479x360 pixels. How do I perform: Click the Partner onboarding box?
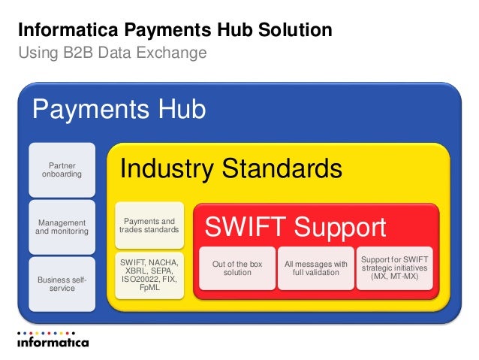coord(62,170)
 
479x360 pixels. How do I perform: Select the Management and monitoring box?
coord(62,227)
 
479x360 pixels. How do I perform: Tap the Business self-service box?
coord(62,284)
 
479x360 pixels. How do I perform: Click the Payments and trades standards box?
coord(149,226)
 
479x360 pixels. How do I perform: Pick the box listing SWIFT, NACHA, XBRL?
coord(149,274)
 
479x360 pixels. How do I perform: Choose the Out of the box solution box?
coord(237,268)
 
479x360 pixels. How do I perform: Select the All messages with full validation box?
coord(315,268)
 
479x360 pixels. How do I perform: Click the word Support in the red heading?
coord(339,227)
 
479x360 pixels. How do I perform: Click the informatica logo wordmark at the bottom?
coord(53,343)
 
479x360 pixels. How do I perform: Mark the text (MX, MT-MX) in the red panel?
coord(396,276)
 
